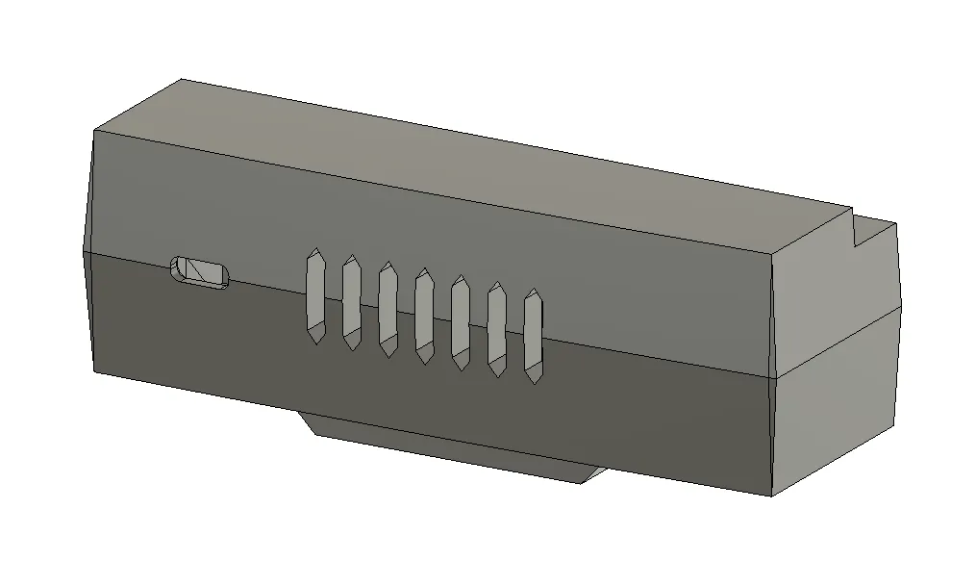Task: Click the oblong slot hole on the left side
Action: point(200,272)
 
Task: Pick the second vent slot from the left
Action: point(351,302)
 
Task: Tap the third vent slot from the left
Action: point(388,309)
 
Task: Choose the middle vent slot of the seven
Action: point(424,316)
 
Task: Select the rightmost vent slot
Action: point(533,336)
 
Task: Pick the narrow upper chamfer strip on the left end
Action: point(88,192)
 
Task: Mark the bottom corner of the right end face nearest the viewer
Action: point(773,496)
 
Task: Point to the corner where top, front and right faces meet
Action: point(775,253)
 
